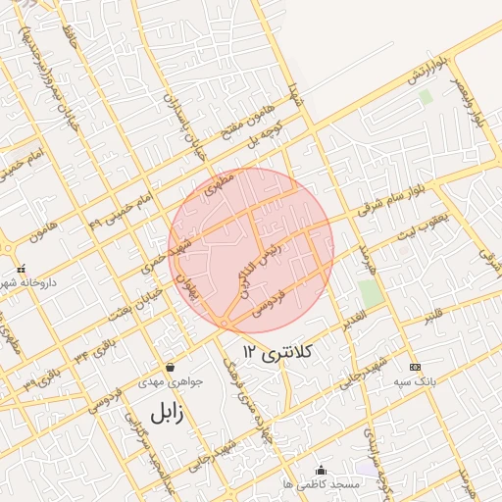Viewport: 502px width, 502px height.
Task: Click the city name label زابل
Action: click(166, 412)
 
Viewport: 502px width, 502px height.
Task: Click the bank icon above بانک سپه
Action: click(414, 367)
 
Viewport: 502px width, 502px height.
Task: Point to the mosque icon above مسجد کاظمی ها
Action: click(321, 471)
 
